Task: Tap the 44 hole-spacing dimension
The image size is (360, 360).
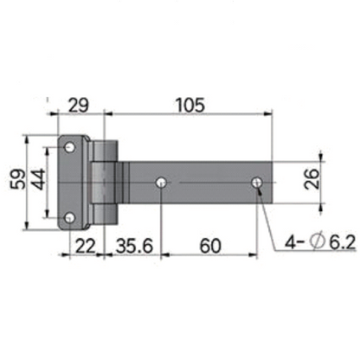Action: (x=37, y=181)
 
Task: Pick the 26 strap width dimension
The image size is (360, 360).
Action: (x=312, y=181)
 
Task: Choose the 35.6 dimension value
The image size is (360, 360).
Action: (x=133, y=246)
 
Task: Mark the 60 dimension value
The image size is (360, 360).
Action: (x=208, y=246)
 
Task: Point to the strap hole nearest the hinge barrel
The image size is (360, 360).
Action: (x=162, y=183)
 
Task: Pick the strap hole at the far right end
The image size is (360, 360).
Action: (x=257, y=183)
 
